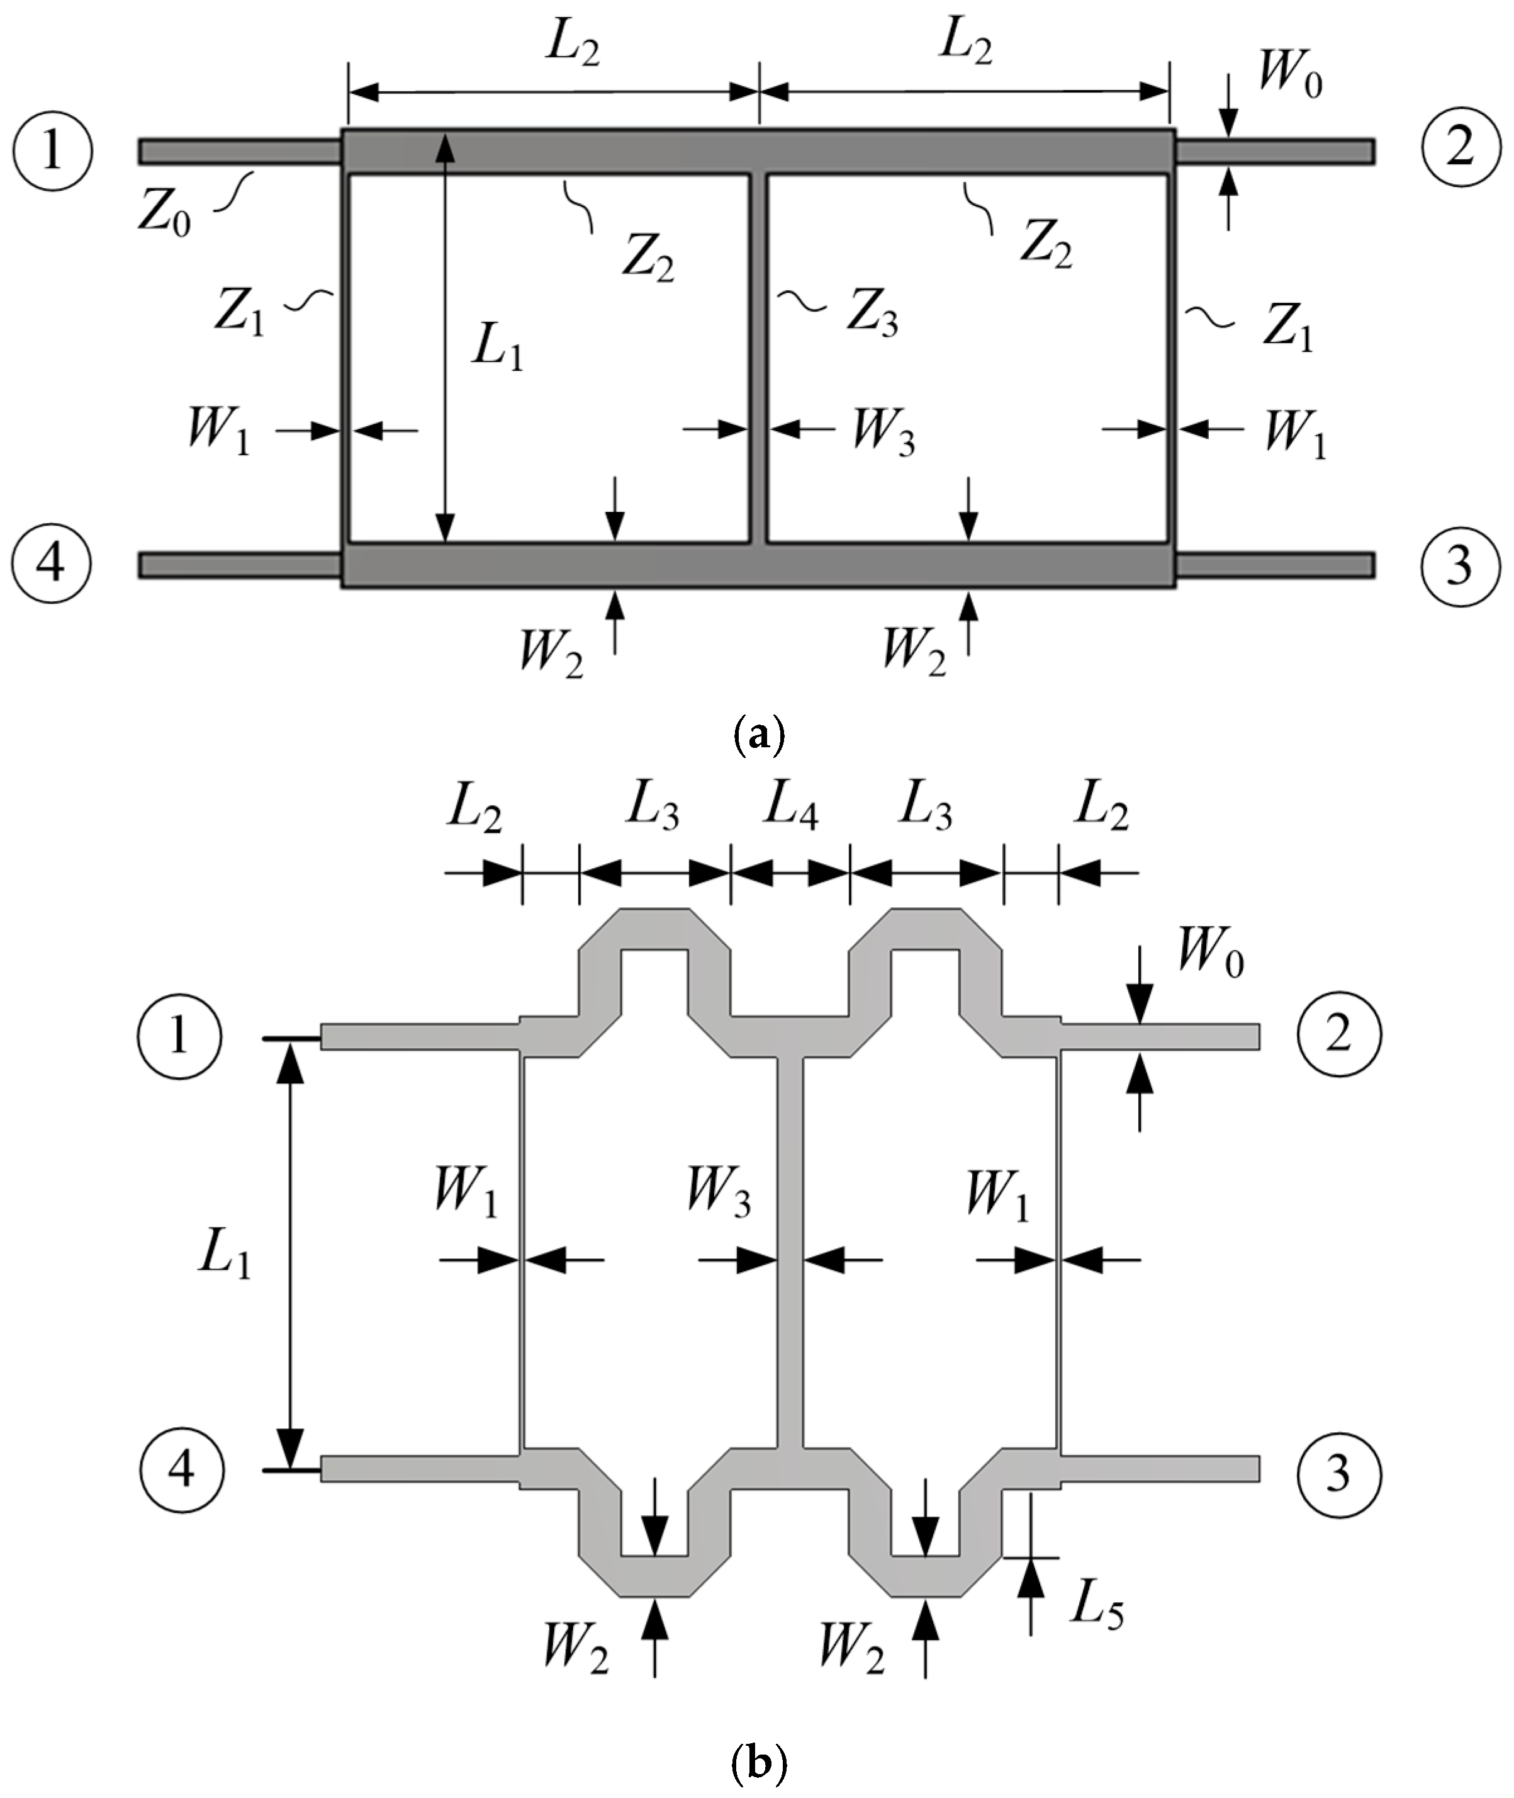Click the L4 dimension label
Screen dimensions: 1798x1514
[790, 810]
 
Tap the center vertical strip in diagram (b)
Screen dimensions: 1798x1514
[790, 1253]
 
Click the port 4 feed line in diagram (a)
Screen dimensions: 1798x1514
[240, 565]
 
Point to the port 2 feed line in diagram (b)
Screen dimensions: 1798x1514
[1158, 1036]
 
